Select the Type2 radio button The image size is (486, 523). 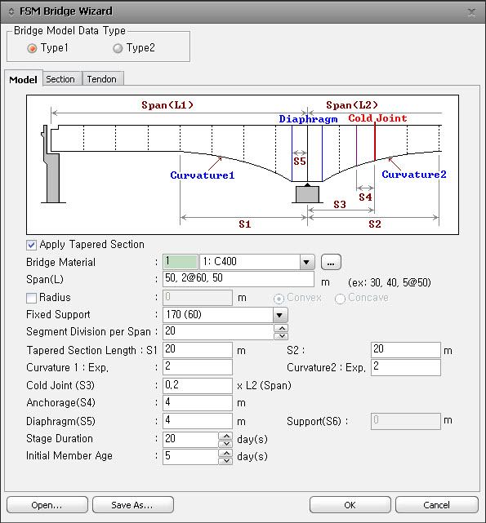click(118, 48)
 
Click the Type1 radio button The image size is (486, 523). click(32, 48)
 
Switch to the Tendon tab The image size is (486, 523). click(103, 79)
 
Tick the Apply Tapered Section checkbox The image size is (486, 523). click(31, 245)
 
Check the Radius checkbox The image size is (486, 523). click(31, 298)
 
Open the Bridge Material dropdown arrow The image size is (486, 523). click(306, 262)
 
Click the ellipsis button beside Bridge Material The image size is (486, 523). click(331, 262)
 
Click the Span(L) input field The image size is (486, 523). click(239, 279)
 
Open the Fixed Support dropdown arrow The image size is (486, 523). click(280, 314)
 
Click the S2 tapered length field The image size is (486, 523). click(405, 350)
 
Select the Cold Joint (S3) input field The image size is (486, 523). click(198, 386)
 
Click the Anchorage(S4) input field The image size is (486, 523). click(198, 403)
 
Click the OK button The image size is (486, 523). click(350, 505)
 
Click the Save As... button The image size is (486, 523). click(133, 505)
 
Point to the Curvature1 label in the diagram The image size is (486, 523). click(202, 175)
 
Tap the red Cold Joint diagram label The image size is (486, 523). click(377, 118)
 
